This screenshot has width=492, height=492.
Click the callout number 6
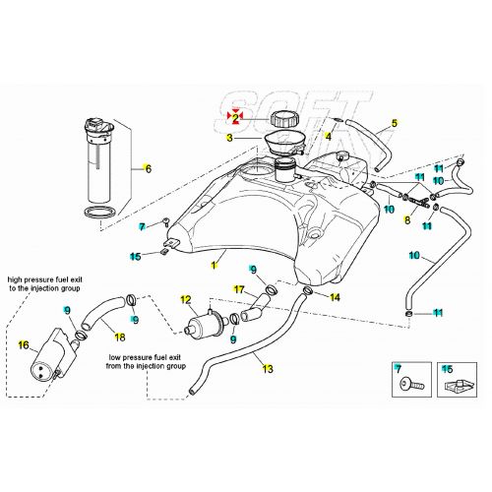click(149, 168)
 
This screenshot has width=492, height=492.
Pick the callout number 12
click(184, 298)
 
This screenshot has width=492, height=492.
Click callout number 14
click(336, 296)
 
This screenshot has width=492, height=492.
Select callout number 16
click(25, 345)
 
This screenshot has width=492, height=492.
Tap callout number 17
click(237, 288)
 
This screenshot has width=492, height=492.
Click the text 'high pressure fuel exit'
click(47, 278)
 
